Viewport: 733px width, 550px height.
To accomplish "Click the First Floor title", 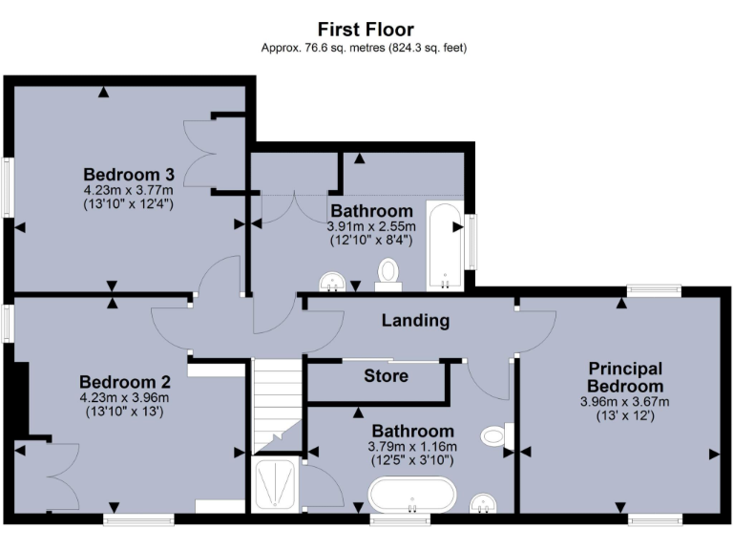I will (366, 30).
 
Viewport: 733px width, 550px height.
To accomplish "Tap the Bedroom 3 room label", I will (129, 175).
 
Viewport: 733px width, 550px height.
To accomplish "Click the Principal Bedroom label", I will (625, 376).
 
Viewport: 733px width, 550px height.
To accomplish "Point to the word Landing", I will (415, 321).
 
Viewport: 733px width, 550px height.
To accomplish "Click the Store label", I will (387, 375).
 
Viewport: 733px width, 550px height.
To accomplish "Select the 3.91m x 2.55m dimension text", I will (371, 226).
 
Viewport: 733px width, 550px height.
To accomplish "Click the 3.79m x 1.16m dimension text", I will (412, 446).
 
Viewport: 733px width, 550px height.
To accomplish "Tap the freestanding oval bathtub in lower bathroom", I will (412, 496).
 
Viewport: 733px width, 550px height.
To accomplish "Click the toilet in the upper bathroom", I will (388, 272).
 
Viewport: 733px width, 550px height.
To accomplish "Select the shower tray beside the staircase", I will (276, 486).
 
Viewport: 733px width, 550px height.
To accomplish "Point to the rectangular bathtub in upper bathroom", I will (444, 245).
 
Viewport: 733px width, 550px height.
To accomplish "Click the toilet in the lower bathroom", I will (495, 436).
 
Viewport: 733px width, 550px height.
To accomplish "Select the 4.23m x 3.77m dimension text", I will (129, 190).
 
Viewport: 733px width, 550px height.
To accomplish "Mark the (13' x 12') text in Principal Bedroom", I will (625, 415).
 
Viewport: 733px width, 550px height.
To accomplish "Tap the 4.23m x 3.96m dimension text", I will (124, 398).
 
